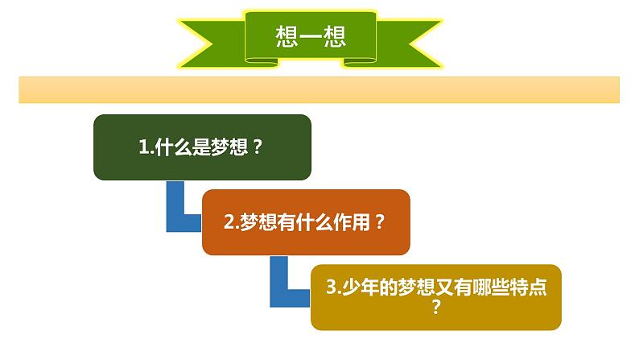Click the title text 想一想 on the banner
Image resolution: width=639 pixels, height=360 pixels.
click(310, 36)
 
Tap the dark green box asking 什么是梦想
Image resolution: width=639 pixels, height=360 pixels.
click(202, 147)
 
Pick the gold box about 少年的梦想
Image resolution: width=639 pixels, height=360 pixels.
click(435, 296)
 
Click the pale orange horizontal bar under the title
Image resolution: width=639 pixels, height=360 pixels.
click(319, 90)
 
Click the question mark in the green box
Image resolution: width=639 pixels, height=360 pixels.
click(258, 147)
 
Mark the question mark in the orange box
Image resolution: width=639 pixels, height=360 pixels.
click(379, 222)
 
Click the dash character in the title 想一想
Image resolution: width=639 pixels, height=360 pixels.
click(310, 37)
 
